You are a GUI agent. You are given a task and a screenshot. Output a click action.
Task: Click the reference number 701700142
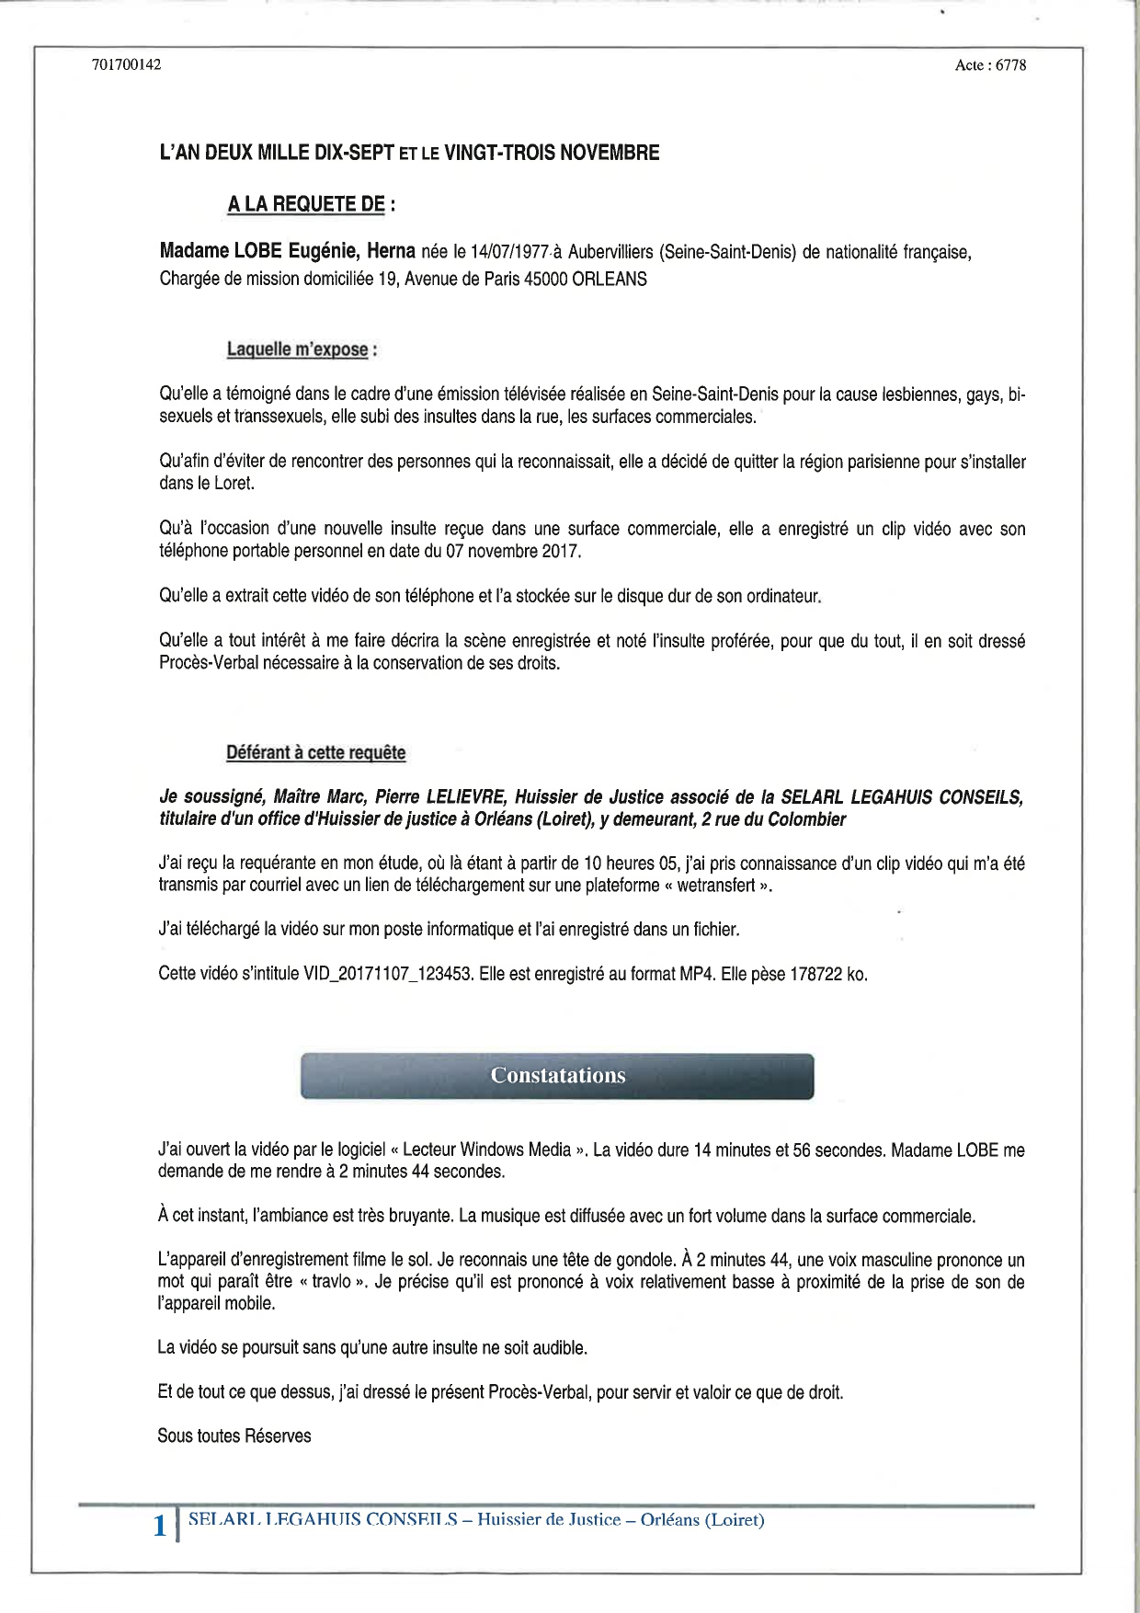[127, 64]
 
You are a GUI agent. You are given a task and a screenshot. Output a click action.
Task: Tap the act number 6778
[1010, 65]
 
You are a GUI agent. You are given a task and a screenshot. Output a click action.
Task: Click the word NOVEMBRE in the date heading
[609, 153]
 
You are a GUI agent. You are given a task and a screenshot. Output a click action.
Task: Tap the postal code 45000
[545, 280]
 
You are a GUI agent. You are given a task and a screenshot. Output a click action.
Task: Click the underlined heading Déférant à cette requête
[315, 752]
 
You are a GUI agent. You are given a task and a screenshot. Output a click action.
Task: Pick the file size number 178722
[815, 974]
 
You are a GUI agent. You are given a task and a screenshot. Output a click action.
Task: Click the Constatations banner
[557, 1076]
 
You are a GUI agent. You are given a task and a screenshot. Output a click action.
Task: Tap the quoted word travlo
[331, 1282]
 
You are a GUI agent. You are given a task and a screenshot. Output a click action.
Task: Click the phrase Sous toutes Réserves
[234, 1436]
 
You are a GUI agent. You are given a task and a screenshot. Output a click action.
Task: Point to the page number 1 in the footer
[160, 1526]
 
